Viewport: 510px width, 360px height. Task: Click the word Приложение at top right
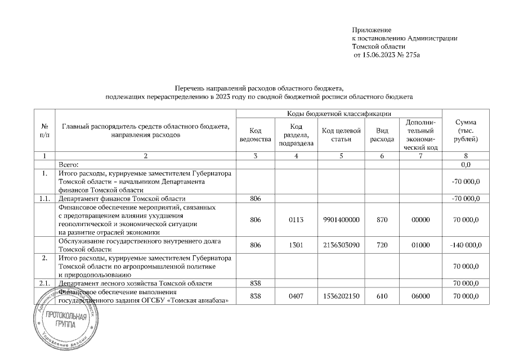tap(371, 29)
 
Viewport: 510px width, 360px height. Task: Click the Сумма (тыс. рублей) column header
tap(466, 131)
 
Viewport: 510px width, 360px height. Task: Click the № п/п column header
tap(44, 131)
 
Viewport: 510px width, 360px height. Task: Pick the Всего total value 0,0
tap(466, 164)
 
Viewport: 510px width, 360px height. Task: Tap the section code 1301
tap(296, 245)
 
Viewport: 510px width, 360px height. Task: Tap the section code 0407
tap(296, 296)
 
